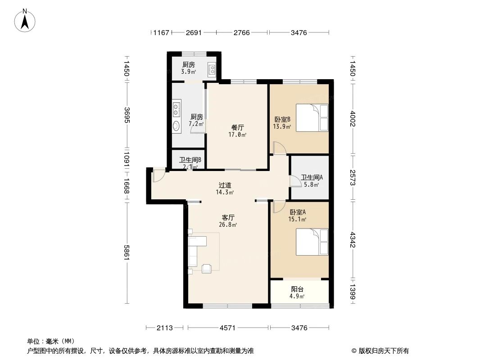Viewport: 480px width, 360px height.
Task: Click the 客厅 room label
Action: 228,217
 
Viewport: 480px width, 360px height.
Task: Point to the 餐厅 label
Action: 237,127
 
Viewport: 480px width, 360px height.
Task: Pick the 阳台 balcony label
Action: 297,289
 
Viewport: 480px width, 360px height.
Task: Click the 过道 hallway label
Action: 225,185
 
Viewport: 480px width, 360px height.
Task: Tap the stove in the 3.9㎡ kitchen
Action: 212,70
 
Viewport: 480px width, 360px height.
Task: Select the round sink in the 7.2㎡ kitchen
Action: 177,126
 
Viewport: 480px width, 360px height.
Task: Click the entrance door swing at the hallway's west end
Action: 158,175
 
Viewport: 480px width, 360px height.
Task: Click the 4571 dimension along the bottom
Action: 228,328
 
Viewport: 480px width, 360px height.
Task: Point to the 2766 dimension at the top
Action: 243,32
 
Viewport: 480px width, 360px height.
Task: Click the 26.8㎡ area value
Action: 229,225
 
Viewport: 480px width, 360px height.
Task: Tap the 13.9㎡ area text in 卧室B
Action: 282,127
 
